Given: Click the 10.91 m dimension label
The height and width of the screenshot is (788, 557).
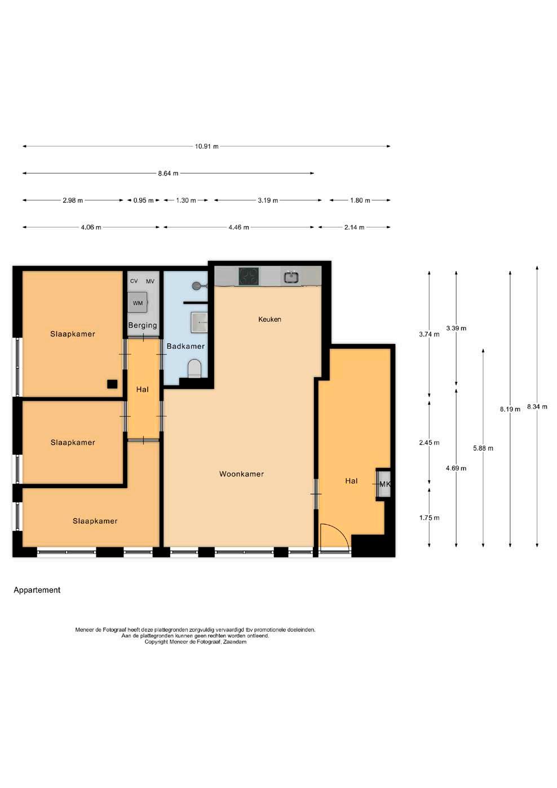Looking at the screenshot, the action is [x=206, y=147].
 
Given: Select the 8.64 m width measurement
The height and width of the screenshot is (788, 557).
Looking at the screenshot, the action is [x=168, y=174].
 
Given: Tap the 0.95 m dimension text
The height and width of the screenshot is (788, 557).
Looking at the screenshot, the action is [x=143, y=201].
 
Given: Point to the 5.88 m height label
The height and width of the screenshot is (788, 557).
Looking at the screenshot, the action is [x=483, y=448].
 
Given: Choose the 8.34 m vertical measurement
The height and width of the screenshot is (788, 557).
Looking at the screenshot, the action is [x=537, y=406].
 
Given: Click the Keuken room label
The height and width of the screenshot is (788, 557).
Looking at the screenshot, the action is [x=269, y=320].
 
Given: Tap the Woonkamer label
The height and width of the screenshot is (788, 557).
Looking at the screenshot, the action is [x=241, y=474].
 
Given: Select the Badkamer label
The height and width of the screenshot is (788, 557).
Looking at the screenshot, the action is [x=185, y=346].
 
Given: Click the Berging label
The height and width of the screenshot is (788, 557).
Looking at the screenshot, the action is [x=143, y=325].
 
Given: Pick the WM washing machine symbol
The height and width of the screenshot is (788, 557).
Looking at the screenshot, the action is [x=138, y=303].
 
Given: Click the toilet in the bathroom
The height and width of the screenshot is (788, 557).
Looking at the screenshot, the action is [x=194, y=368].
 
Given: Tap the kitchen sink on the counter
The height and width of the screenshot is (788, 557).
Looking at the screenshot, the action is [x=291, y=277].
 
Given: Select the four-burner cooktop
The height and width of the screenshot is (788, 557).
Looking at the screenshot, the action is [x=249, y=277].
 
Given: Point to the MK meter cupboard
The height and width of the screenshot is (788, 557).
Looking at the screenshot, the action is [x=383, y=484].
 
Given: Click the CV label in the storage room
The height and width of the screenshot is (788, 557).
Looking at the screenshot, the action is [x=134, y=281].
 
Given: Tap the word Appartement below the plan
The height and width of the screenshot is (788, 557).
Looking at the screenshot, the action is [x=37, y=590].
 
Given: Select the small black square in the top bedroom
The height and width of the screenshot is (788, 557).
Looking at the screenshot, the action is [x=112, y=384].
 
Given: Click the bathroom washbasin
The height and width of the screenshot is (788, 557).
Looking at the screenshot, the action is [x=199, y=322].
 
